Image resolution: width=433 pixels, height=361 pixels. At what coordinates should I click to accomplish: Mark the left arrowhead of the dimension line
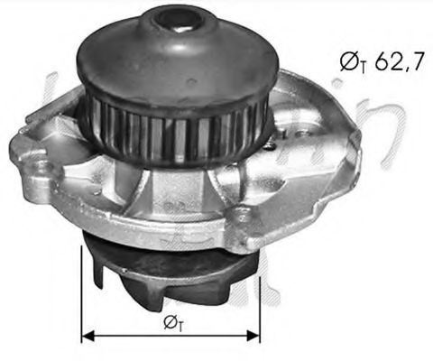(87, 336)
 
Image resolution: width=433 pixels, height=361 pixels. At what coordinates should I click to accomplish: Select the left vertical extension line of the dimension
(82, 289)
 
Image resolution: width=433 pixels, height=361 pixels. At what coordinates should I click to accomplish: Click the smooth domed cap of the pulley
(171, 54)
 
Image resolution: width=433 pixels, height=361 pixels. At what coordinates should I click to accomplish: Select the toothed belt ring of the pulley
(171, 126)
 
